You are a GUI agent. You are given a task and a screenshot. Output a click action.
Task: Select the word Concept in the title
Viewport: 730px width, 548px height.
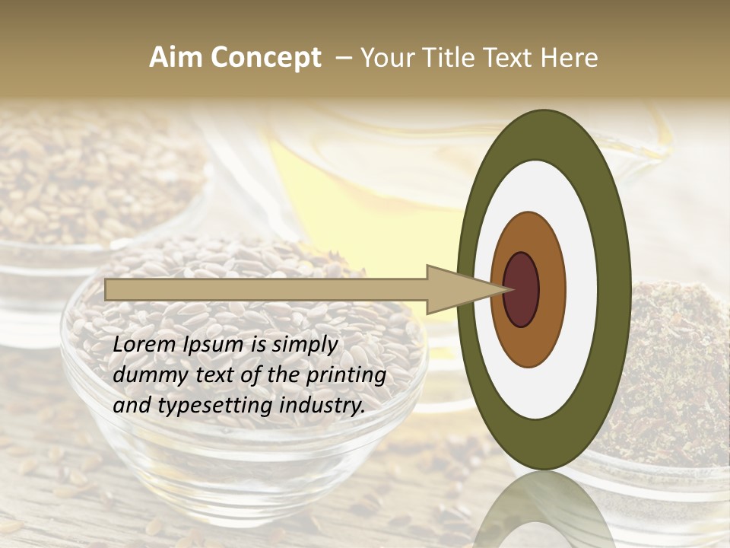(x=265, y=58)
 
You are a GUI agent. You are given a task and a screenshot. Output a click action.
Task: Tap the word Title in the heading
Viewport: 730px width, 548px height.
(x=447, y=58)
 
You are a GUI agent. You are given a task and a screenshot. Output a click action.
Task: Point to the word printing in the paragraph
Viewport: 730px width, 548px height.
(x=347, y=376)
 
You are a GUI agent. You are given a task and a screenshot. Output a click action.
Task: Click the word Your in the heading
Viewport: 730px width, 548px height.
(x=385, y=58)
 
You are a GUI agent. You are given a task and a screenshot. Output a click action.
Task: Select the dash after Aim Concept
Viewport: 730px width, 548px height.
(x=343, y=59)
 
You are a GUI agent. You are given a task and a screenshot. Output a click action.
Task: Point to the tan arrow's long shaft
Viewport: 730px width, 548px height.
(x=266, y=289)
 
